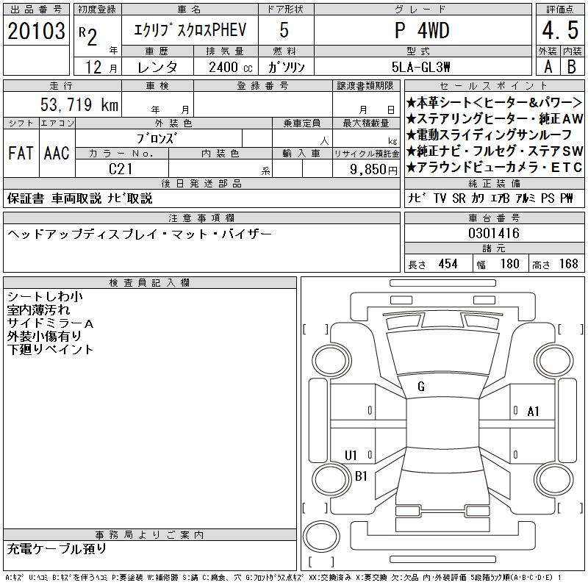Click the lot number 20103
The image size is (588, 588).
point(36,31)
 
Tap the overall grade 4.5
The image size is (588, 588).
point(560,30)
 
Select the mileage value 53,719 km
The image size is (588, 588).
point(79,104)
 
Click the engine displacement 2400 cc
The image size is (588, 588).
point(231,67)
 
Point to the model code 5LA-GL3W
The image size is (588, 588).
point(420,67)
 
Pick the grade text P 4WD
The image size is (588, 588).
point(422,30)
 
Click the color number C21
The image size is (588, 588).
point(121,169)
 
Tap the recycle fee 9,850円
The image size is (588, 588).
point(373,170)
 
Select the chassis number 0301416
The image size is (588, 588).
point(494,233)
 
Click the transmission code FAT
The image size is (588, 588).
point(21,153)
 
